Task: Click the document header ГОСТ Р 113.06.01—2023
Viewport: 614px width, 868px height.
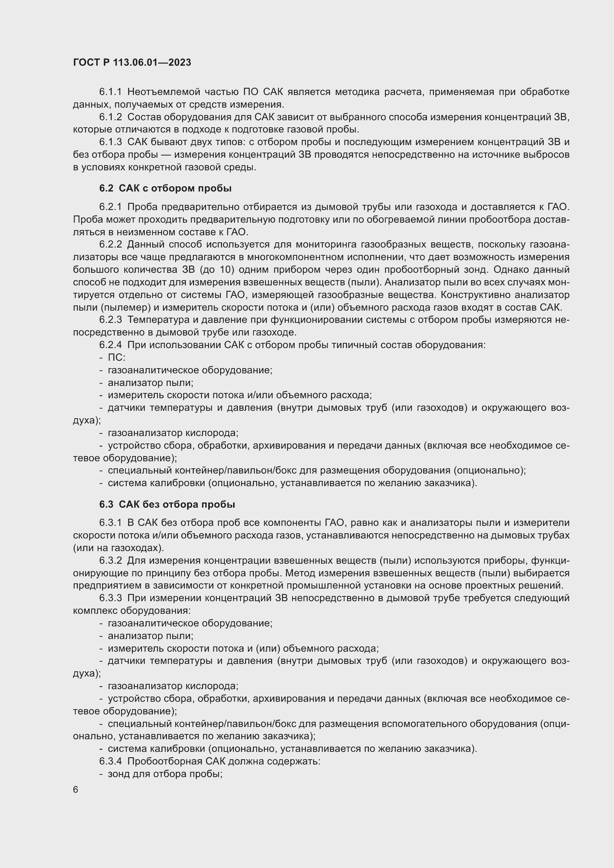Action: point(132,63)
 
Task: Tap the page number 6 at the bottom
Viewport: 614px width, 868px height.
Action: point(76,790)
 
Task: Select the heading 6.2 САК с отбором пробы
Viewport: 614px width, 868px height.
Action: point(165,188)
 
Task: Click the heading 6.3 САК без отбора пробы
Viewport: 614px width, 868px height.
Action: point(167,504)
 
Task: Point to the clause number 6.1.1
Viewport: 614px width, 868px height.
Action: point(110,92)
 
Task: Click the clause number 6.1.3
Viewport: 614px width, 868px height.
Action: point(110,142)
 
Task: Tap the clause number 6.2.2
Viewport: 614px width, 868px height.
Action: point(110,245)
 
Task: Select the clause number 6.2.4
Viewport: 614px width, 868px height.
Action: point(110,345)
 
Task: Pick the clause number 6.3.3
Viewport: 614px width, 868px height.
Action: point(110,598)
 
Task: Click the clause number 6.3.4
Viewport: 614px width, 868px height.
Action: point(110,761)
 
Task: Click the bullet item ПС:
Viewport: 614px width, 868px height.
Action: point(117,357)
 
